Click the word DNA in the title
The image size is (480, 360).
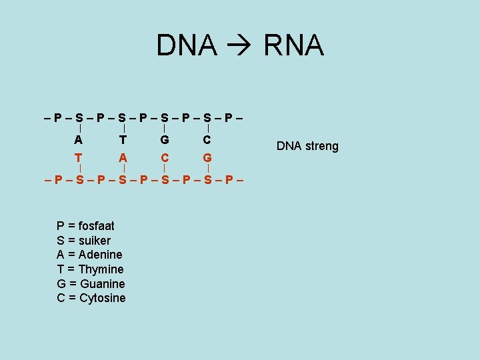point(187,45)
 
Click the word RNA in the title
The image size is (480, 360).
point(293,45)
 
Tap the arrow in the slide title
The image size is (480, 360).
point(239,46)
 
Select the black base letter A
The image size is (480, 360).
point(79,140)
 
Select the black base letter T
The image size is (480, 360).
point(123,140)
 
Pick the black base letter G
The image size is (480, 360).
point(165,140)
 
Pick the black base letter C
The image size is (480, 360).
point(207,140)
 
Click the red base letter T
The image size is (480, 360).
point(79,158)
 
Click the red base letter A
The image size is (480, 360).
point(123,158)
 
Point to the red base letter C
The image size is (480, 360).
point(165,158)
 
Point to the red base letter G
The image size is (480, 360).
point(207,158)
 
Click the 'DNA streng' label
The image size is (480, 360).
point(307,145)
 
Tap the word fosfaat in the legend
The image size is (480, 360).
point(96,226)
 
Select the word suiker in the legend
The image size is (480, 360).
point(94,241)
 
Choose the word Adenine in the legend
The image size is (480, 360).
point(100,255)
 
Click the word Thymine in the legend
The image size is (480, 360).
point(101,269)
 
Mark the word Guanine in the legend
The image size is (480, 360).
point(102,284)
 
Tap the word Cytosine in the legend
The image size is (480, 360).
point(102,298)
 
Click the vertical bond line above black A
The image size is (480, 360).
point(80,127)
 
